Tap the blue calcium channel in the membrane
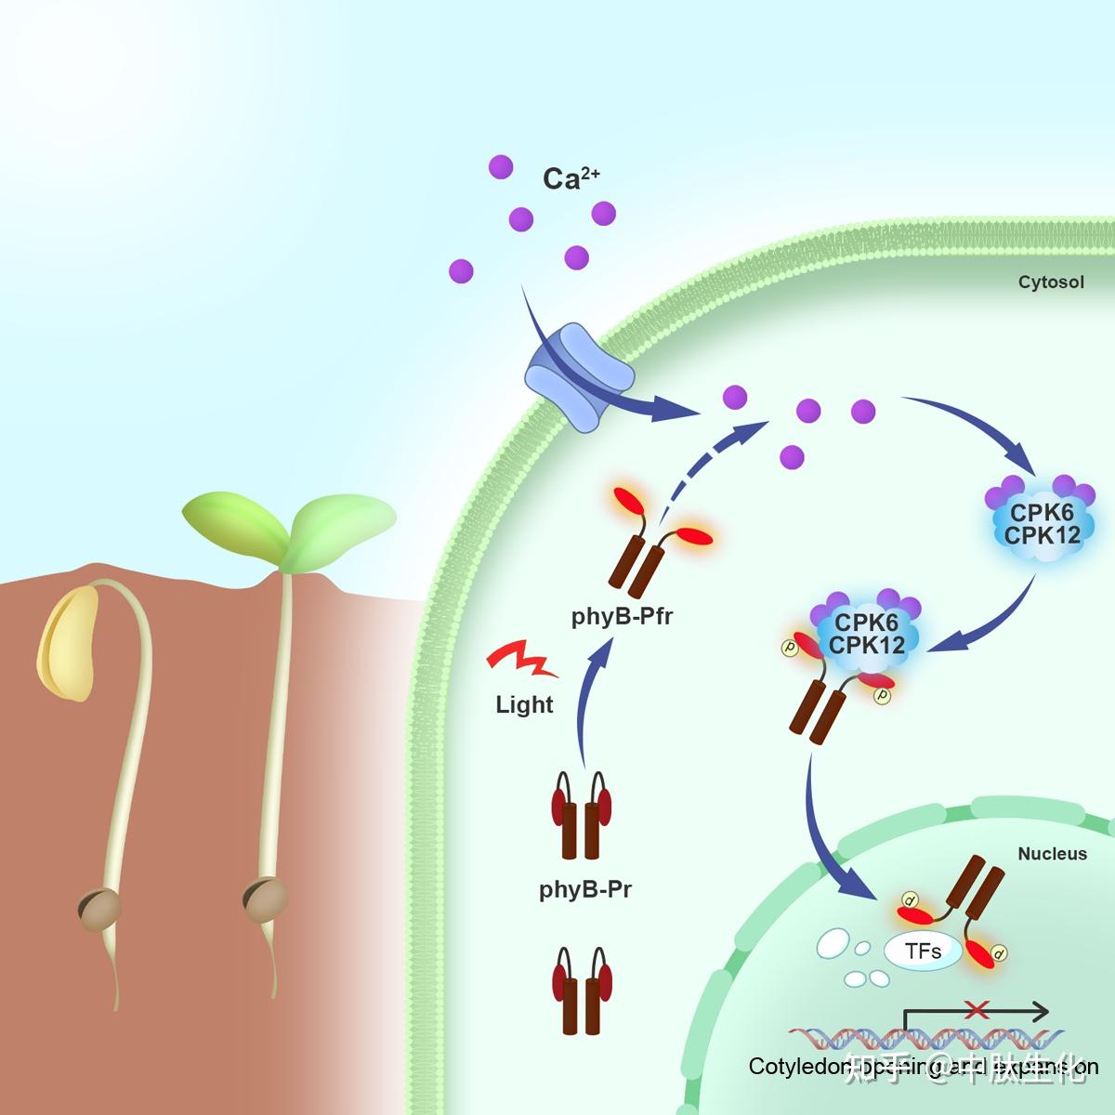point(579,376)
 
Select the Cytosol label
point(1050,282)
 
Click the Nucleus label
point(1052,853)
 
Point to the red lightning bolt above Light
point(521,659)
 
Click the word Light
point(524,705)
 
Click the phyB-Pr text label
point(585,889)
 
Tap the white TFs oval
point(923,951)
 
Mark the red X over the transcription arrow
point(976,1009)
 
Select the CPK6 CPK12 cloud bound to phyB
point(866,634)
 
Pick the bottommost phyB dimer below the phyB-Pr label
point(584,990)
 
